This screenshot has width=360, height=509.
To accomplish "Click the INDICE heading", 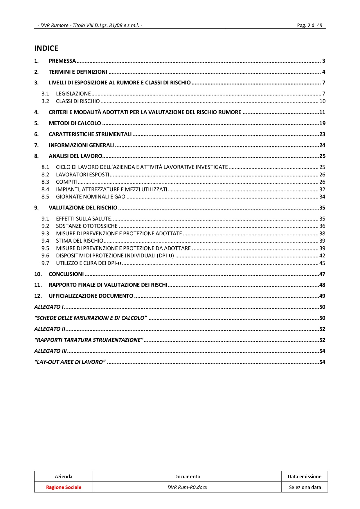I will coord(46,48).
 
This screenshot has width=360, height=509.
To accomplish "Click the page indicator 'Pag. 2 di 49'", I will coord(309,25).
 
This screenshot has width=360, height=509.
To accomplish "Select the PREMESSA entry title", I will coord(62,61).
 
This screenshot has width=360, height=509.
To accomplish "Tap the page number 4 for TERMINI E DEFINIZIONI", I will coord(323,72).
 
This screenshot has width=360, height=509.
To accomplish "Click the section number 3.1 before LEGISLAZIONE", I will coord(45,94).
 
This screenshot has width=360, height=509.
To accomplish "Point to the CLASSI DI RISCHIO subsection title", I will coord(78,101).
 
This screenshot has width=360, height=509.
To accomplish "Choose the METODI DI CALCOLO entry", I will coord(75,123).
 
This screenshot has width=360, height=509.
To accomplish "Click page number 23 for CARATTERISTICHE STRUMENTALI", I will coord(322,134).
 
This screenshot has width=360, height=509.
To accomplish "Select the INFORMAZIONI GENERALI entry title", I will coord(81,145).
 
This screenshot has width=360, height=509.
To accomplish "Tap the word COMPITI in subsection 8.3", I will coord(67,182).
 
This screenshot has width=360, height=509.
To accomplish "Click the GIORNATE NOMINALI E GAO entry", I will coord(91,197).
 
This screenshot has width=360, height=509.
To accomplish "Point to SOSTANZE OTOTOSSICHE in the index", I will coord(87,226).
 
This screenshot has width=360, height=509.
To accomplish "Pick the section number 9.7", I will coord(45,263).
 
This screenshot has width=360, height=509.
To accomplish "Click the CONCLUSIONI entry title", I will coord(66,274).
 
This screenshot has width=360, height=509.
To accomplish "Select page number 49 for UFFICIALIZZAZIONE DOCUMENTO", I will coord(322,296).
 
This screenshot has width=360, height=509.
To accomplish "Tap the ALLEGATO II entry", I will coord(50,329).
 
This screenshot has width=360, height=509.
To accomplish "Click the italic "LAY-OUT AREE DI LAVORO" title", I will coord(70,362).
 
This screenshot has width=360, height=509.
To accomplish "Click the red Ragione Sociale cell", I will coord(64,487).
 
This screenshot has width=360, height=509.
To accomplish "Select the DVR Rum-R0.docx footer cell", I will coord(187,487).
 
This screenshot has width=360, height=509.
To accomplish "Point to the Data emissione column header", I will coord(305,476).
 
